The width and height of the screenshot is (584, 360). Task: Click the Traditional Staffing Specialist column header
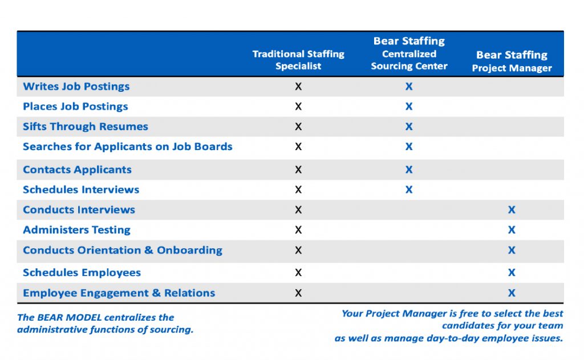tap(298, 60)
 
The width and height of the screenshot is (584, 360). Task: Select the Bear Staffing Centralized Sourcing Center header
tap(409, 54)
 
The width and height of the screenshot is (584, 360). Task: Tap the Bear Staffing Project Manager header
tap(512, 62)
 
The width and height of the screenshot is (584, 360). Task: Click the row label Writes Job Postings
tap(76, 87)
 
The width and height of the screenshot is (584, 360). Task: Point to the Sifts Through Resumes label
tap(85, 127)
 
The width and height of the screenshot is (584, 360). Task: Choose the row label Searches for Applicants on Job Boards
tap(127, 147)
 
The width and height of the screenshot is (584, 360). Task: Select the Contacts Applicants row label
tap(77, 169)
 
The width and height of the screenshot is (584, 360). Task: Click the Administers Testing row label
tap(76, 230)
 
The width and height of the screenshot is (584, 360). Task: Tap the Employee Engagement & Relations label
tap(119, 293)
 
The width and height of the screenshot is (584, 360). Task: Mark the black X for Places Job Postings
tap(298, 107)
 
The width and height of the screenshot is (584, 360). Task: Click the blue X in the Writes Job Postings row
tap(409, 87)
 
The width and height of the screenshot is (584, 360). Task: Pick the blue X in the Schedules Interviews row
tap(409, 190)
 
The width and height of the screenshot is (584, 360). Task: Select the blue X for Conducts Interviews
tap(512, 210)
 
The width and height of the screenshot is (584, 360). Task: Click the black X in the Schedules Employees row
tap(298, 273)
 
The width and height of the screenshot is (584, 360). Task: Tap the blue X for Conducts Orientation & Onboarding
tap(512, 250)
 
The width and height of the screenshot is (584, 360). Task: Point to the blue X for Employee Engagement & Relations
tap(512, 293)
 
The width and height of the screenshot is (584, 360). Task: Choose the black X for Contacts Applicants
tap(298, 169)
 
